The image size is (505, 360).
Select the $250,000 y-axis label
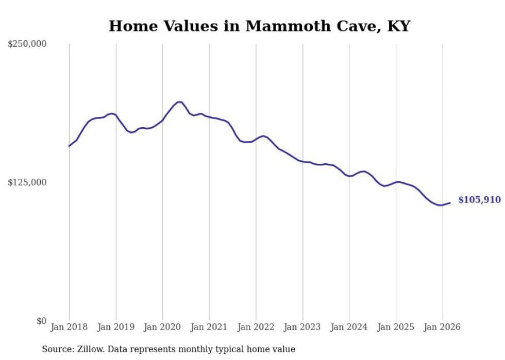coord(27,44)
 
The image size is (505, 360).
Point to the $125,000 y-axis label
coord(27,182)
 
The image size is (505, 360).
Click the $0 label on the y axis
coord(41,321)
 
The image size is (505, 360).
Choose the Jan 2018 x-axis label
coord(69,327)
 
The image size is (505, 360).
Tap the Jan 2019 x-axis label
coord(116,327)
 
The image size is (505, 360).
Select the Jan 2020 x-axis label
coord(162,327)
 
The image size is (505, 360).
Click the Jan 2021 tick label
coord(209,327)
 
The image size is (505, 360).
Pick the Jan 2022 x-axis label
coord(256,327)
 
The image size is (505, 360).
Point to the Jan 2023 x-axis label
coord(302,327)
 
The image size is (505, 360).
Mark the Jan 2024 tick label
coord(349,327)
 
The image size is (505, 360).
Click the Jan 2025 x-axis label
coord(396,327)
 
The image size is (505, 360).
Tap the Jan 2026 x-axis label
coord(443,327)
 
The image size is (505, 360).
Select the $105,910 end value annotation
coord(479,200)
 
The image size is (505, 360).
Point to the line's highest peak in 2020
coord(179,102)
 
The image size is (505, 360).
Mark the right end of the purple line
coord(450,203)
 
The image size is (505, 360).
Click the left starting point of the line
coord(69,146)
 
